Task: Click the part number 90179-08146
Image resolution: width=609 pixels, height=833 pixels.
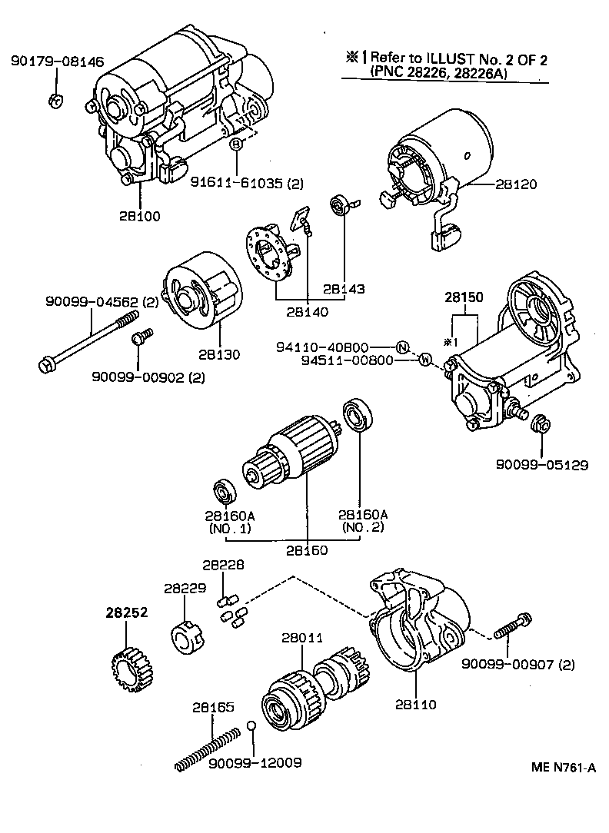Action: (x=57, y=61)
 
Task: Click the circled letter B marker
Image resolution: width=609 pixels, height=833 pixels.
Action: (x=237, y=144)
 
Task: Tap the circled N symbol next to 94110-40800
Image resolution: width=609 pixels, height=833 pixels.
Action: (x=401, y=347)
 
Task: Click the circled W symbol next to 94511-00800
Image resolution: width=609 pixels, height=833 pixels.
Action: (x=424, y=360)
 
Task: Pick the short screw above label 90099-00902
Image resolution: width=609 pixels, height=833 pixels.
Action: (x=141, y=337)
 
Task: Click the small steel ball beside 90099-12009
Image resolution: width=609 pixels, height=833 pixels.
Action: (x=251, y=726)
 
